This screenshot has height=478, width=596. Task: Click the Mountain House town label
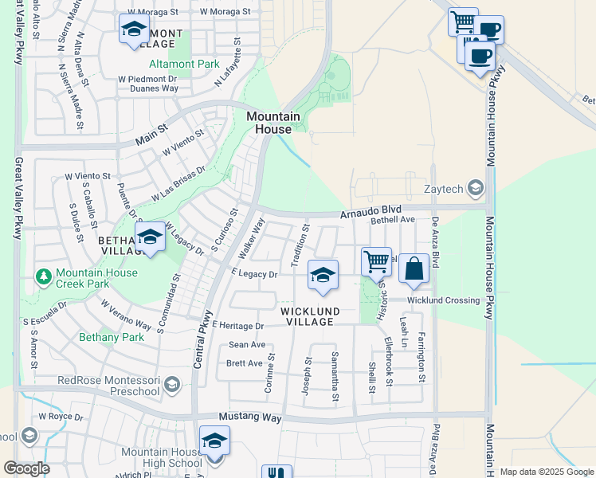pyautogui.click(x=273, y=123)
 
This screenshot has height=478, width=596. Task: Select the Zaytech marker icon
pyautogui.click(x=476, y=188)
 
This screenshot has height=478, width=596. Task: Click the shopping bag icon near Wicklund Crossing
pyautogui.click(x=414, y=269)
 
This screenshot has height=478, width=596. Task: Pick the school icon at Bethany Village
pyautogui.click(x=150, y=237)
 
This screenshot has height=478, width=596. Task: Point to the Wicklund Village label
pyautogui.click(x=310, y=316)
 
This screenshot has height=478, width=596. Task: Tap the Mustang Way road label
pyautogui.click(x=250, y=417)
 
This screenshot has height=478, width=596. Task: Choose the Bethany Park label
pyautogui.click(x=112, y=337)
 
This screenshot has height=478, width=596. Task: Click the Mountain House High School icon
pyautogui.click(x=214, y=441)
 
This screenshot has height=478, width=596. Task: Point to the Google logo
pyautogui.click(x=26, y=468)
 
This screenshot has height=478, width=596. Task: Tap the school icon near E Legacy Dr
pyautogui.click(x=323, y=275)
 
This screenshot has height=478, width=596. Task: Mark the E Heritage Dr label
pyautogui.click(x=237, y=327)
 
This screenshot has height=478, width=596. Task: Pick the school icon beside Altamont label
pyautogui.click(x=133, y=30)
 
